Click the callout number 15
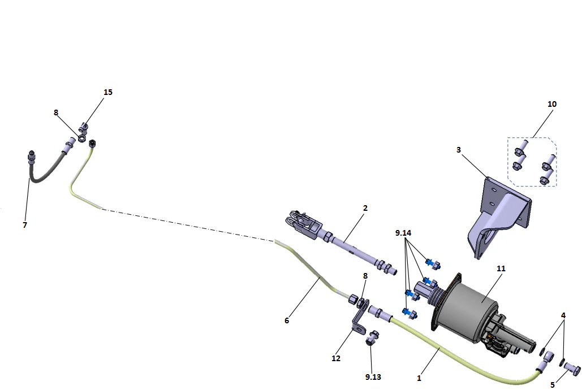pos(107,92)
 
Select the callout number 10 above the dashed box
pos(552,104)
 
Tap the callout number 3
pos(459,150)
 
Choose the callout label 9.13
pos(372,376)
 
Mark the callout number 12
pos(336,358)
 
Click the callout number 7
pos(24,224)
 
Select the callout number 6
pos(287,320)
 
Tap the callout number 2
pos(365,208)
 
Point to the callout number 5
pos(553,385)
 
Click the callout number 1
pos(419,377)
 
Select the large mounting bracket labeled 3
pos(498,218)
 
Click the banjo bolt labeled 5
pos(572,369)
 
